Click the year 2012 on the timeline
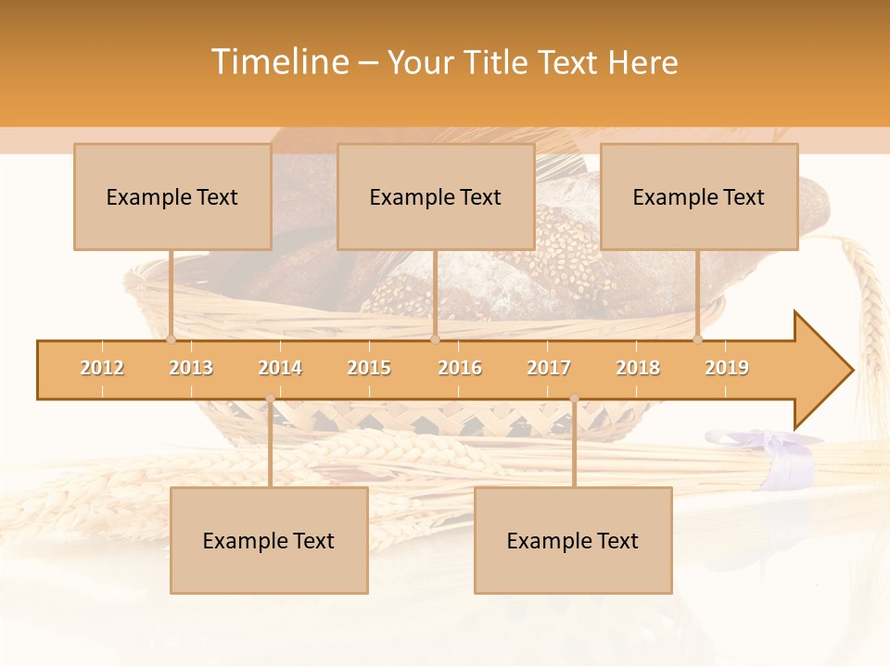pyautogui.click(x=102, y=368)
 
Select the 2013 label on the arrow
pyautogui.click(x=191, y=368)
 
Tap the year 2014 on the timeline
pyautogui.click(x=280, y=368)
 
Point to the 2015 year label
pyautogui.click(x=369, y=368)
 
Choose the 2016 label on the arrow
pyautogui.click(x=460, y=368)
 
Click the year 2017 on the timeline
pyautogui.click(x=549, y=368)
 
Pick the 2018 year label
pyautogui.click(x=638, y=368)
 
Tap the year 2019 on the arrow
pyautogui.click(x=727, y=368)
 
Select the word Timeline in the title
pyautogui.click(x=279, y=62)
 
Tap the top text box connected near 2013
pyautogui.click(x=172, y=196)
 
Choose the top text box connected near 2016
pyautogui.click(x=436, y=196)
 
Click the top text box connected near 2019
pyautogui.click(x=699, y=196)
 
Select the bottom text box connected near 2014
pyautogui.click(x=269, y=540)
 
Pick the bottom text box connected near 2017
pyautogui.click(x=573, y=540)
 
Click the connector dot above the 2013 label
pyautogui.click(x=171, y=340)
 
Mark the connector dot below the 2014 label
pyautogui.click(x=270, y=398)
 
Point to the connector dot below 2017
pyautogui.click(x=574, y=398)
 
